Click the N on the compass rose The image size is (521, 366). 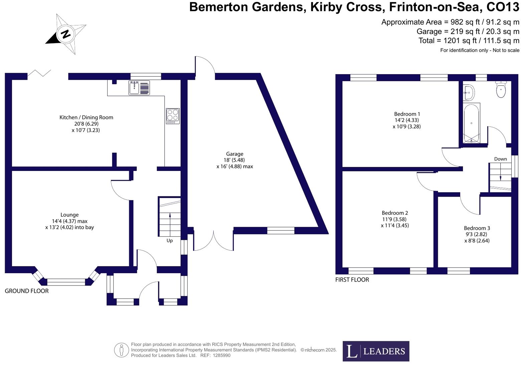(x=65, y=34)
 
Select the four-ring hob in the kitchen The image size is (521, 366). (x=173, y=116)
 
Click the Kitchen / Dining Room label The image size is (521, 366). (x=86, y=117)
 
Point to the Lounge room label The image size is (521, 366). (x=69, y=215)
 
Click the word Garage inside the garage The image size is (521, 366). (x=234, y=154)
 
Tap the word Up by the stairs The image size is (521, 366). (x=170, y=240)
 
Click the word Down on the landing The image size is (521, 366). (x=500, y=159)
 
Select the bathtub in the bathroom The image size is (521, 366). (x=471, y=123)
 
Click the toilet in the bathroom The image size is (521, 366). (x=501, y=89)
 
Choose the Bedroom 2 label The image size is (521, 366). (x=395, y=213)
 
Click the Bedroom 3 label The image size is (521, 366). (x=477, y=228)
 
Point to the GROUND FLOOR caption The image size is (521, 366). (x=27, y=291)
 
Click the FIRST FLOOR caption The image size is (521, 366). (x=352, y=280)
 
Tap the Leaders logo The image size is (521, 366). (x=376, y=351)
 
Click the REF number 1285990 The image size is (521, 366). (x=220, y=355)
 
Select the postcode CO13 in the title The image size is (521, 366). (x=503, y=7)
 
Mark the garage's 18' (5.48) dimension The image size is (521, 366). (x=234, y=160)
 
